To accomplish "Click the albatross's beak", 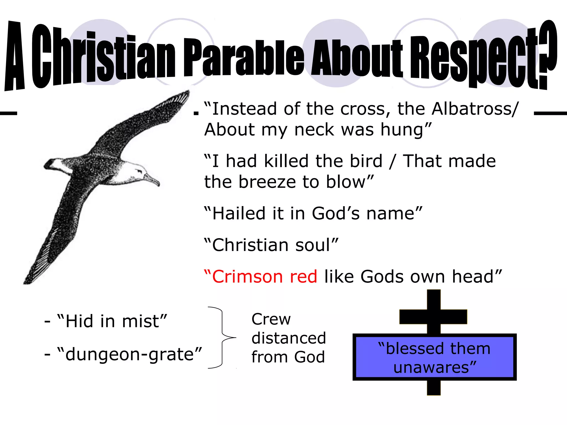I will point(152,180).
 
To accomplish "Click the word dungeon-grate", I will point(129,354).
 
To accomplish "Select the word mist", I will point(141,321).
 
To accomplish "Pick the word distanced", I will point(289,338).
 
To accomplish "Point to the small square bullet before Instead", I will point(196,113).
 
